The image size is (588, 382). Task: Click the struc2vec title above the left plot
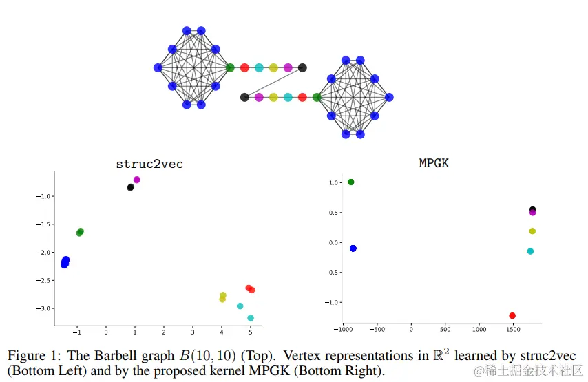149,164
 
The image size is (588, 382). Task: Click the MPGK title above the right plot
434,163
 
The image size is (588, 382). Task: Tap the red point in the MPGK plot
512,315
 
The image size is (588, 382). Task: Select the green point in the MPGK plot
351,182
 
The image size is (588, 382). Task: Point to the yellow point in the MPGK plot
532,231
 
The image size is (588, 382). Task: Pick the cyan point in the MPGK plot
530,251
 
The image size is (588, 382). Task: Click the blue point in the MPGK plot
353,248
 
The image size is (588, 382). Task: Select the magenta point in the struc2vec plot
137,180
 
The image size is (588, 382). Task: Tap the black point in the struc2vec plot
130,187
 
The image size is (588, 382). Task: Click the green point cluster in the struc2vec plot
80,232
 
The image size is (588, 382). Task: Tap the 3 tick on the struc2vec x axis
193,332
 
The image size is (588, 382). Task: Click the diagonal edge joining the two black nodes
273,83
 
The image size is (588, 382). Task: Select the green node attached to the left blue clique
230,67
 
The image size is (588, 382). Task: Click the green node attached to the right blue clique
317,97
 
